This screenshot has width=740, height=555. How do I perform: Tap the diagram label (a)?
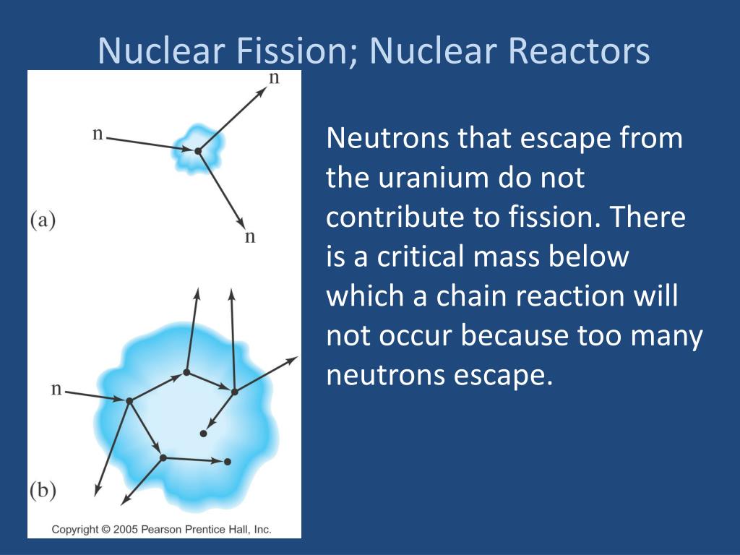pyautogui.click(x=43, y=220)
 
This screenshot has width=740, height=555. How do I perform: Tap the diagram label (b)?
pyautogui.click(x=43, y=491)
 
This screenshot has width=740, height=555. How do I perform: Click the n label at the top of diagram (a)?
pyautogui.click(x=274, y=78)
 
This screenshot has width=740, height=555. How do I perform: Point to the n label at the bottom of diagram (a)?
pyautogui.click(x=250, y=237)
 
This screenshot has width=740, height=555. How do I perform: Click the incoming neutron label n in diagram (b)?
pyautogui.click(x=56, y=389)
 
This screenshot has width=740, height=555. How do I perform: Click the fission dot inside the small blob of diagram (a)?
pyautogui.click(x=197, y=151)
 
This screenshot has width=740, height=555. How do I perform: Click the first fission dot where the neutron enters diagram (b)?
pyautogui.click(x=129, y=400)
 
